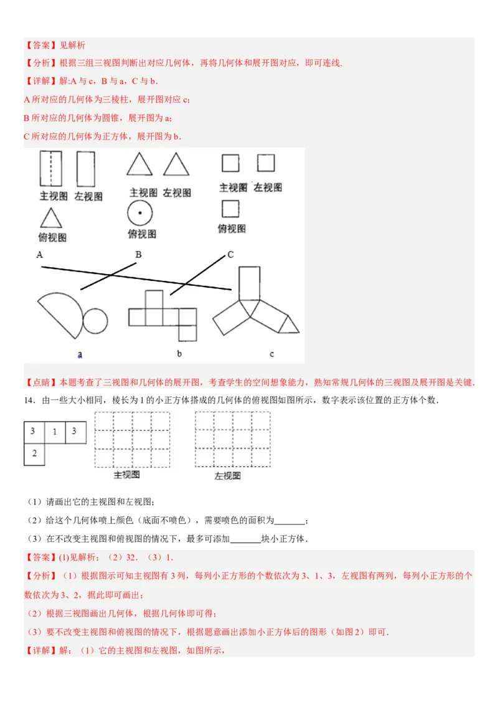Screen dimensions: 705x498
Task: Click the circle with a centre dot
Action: point(140,214)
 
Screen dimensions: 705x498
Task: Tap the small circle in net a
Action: point(95,321)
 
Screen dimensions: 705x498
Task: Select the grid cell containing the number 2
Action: point(34,454)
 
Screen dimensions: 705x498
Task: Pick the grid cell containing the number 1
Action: point(54,432)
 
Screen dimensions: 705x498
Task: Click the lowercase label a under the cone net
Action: point(80,354)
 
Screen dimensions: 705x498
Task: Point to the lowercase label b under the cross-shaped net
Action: point(179,354)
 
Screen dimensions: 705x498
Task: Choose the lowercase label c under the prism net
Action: point(271,354)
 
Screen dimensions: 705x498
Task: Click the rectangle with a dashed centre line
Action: point(50,168)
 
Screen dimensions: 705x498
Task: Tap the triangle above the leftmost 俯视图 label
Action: point(51,218)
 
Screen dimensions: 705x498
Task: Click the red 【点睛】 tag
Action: point(40,382)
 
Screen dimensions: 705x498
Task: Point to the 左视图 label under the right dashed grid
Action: point(227,476)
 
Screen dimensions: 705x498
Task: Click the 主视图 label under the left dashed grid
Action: point(126,475)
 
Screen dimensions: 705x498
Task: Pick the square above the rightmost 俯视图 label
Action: point(230,208)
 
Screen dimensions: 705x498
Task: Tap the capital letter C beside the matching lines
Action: point(230,254)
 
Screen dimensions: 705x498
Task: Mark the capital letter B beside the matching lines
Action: point(138,254)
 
